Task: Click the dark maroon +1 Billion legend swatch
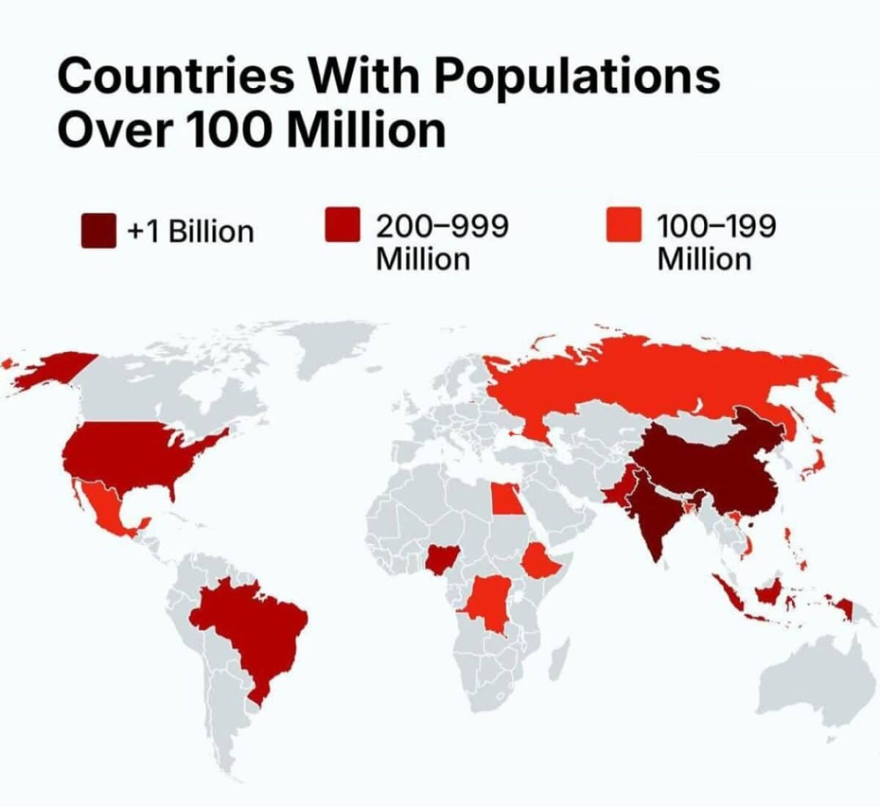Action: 98,230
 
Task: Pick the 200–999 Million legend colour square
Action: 342,224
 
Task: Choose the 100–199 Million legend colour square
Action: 624,224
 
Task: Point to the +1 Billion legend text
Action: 191,232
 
